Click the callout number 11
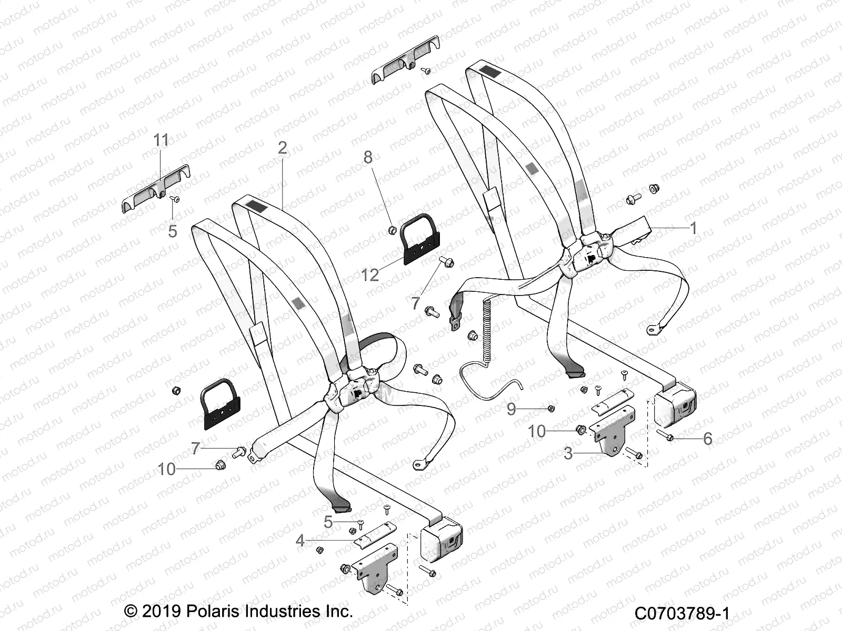pyautogui.click(x=161, y=140)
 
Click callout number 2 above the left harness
pyautogui.click(x=283, y=148)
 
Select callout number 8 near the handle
pyautogui.click(x=368, y=157)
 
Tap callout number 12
pyautogui.click(x=370, y=274)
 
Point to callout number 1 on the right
pyautogui.click(x=693, y=228)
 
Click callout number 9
pyautogui.click(x=511, y=409)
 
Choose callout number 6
pyautogui.click(x=707, y=439)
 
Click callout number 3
pyautogui.click(x=568, y=453)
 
